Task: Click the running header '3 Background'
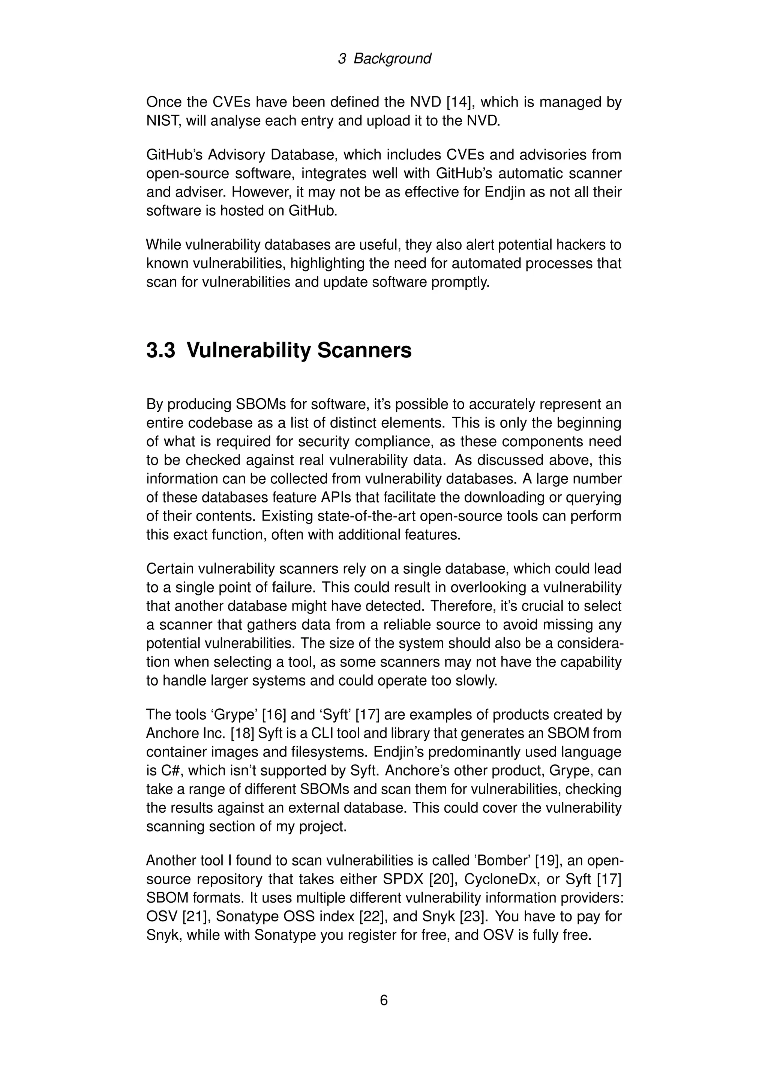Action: click(384, 58)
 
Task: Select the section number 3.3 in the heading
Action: click(161, 351)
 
